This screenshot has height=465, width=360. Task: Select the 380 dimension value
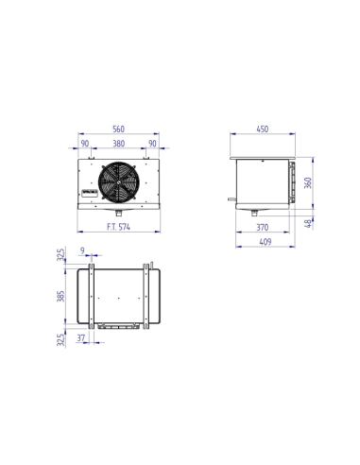tap(118, 145)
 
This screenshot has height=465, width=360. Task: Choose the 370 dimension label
tap(261, 228)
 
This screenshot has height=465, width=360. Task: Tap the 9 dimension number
tap(83, 251)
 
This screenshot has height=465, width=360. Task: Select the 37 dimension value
tap(82, 336)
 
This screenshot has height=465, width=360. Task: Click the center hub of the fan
tap(118, 183)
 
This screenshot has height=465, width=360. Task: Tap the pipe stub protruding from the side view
tap(228, 199)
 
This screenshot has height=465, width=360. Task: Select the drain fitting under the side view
tap(254, 213)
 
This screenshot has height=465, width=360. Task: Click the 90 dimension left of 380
tap(85, 145)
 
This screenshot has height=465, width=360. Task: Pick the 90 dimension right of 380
tap(152, 145)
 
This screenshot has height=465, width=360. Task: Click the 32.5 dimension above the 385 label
tap(61, 257)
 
